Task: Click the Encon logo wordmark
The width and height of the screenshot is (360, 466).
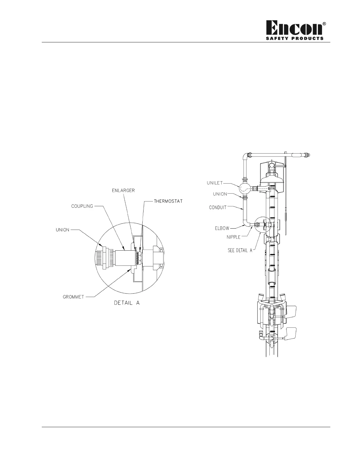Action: (x=294, y=28)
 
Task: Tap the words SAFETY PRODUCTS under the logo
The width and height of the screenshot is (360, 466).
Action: (x=295, y=39)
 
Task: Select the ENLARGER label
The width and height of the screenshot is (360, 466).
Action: (x=123, y=190)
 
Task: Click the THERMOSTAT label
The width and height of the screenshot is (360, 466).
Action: (x=168, y=201)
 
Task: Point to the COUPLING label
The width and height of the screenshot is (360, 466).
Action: (x=82, y=206)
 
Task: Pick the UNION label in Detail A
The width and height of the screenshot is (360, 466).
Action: (x=62, y=230)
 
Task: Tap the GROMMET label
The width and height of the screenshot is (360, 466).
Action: (x=73, y=297)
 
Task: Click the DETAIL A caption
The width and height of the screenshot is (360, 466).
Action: (x=127, y=303)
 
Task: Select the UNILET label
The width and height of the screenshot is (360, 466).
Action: (x=215, y=183)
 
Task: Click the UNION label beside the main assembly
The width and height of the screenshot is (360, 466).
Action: (x=220, y=194)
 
